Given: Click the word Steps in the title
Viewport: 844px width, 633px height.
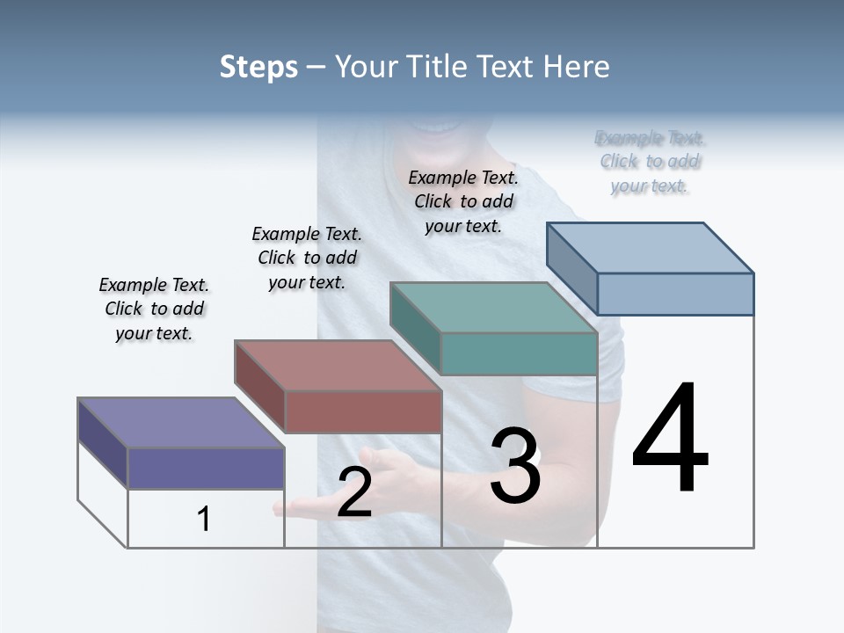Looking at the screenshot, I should click(x=258, y=67).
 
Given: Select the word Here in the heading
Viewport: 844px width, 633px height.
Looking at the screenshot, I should click(x=578, y=67).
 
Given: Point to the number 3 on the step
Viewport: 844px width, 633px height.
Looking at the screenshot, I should click(x=515, y=466).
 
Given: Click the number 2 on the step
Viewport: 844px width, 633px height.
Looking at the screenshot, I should click(x=354, y=493).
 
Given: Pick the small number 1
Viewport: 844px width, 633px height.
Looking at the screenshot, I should click(x=204, y=519).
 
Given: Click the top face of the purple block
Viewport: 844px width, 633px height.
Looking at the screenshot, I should click(x=180, y=423).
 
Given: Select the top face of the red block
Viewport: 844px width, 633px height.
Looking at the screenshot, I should click(x=337, y=365).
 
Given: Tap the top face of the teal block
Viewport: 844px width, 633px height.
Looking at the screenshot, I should click(x=492, y=308).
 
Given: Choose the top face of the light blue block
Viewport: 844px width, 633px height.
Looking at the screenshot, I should click(x=650, y=248).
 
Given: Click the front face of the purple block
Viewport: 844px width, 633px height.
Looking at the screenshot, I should click(x=206, y=468).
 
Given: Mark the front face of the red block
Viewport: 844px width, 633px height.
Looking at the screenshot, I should click(x=363, y=411).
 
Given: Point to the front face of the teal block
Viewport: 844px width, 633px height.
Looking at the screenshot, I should click(x=519, y=354).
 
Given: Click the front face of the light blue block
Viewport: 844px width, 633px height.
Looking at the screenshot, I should click(x=675, y=294).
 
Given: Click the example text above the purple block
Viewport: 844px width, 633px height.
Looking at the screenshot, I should click(x=154, y=309).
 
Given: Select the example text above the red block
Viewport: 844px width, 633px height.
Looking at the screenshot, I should click(x=307, y=258).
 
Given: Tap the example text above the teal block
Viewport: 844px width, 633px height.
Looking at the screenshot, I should click(x=463, y=201).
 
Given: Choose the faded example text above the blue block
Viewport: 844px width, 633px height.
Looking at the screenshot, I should click(x=650, y=162).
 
